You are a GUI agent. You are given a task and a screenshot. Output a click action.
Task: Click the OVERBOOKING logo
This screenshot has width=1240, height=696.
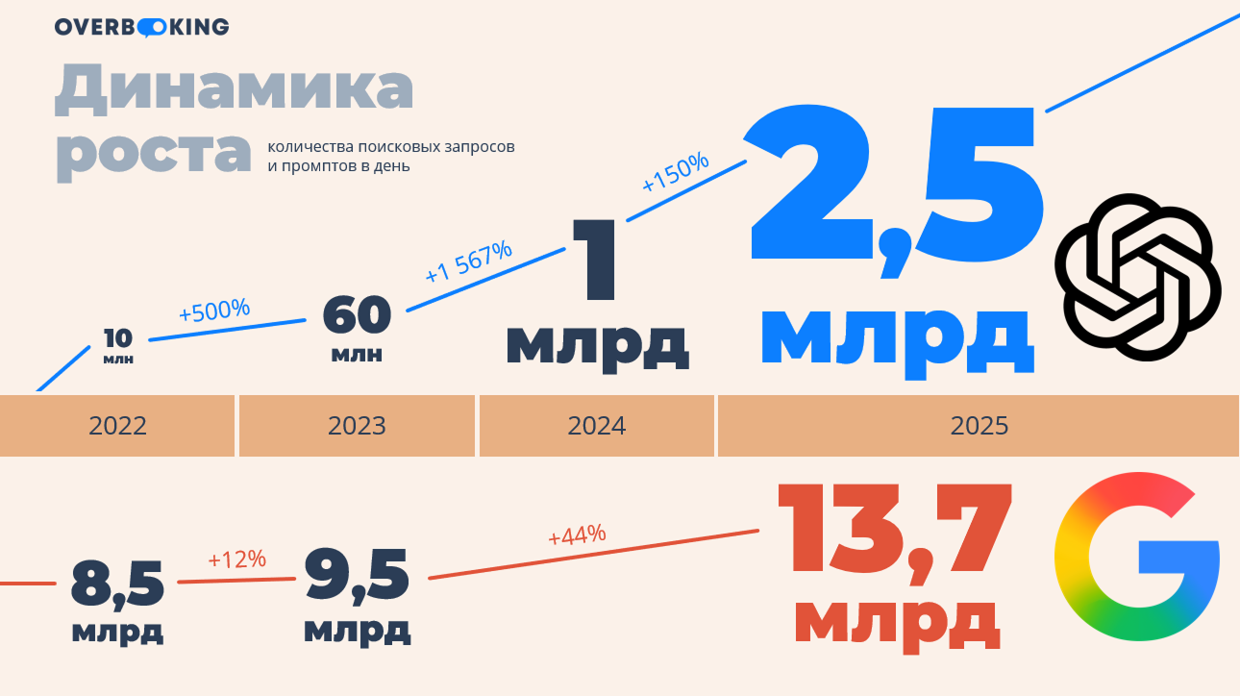[141, 27]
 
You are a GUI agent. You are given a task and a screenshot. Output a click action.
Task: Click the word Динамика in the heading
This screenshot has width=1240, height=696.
[235, 88]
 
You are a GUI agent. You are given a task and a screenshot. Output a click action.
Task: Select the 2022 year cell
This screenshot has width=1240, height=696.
[117, 425]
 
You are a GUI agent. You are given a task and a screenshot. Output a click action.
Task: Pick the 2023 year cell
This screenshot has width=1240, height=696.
[357, 425]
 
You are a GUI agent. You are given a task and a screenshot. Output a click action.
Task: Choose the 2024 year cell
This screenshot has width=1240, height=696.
[596, 425]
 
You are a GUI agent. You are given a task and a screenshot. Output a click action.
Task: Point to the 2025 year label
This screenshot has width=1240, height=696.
[979, 425]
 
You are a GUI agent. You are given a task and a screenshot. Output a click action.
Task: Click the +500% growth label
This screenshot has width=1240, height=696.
[214, 311]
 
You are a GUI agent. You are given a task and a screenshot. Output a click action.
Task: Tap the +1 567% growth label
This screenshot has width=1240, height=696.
[468, 261]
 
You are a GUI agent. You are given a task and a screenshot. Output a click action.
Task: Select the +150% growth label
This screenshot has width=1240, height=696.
[675, 173]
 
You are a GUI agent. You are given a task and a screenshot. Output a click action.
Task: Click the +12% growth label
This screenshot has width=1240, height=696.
[236, 559]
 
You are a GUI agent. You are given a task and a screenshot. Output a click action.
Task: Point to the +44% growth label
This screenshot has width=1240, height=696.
[577, 534]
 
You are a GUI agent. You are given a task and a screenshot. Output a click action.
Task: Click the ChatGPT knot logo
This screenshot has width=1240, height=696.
[1137, 277]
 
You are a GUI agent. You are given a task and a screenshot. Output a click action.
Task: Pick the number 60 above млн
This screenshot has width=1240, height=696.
[357, 314]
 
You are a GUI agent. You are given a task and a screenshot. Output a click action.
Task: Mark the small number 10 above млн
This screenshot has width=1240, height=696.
[117, 337]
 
